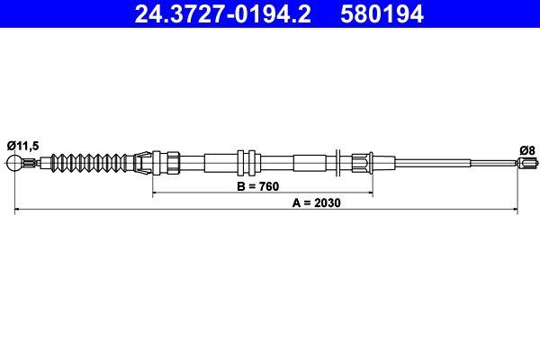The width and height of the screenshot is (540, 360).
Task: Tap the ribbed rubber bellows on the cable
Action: (x=90, y=163)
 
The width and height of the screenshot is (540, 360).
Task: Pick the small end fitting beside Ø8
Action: (x=525, y=163)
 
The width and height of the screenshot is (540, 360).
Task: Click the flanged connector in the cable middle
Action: (x=247, y=163)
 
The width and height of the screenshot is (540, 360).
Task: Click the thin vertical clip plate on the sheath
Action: (x=335, y=163)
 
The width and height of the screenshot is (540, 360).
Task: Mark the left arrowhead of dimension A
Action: (x=19, y=210)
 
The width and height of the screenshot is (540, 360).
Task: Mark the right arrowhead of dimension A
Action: (x=515, y=210)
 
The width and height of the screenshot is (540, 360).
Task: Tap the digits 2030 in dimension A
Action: (x=333, y=202)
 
